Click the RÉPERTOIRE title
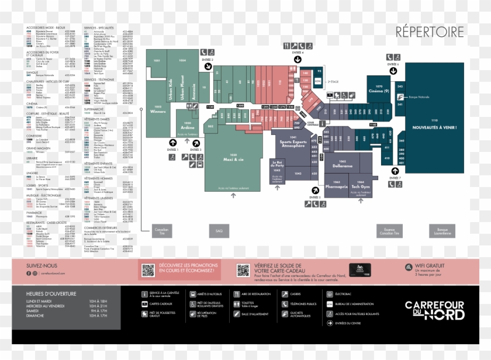point(430,31)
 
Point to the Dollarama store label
point(343,166)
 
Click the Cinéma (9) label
point(379,92)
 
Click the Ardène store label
point(187,127)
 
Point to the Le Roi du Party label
point(277,165)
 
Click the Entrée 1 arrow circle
point(172,143)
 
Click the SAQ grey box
point(219,230)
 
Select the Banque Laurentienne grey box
point(443,230)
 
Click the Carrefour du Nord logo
point(435,310)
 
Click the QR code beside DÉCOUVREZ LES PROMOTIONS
point(148,270)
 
